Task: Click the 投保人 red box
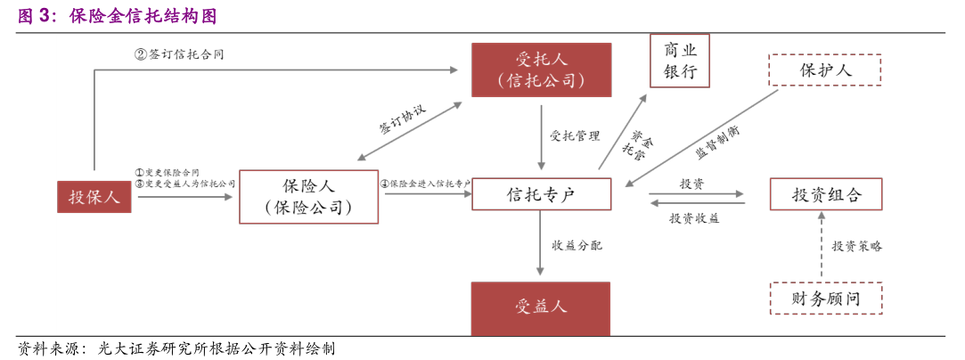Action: coord(94,197)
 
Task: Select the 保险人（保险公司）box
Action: coord(308,196)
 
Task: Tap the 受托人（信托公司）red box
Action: coord(541,70)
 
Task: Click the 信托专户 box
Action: coord(541,194)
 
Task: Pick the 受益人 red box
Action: coord(541,308)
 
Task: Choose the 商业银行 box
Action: coord(680,61)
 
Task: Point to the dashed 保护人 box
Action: coord(825,70)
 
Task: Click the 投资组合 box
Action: coord(826,194)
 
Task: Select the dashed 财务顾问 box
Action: coord(826,299)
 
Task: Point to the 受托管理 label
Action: coord(575,136)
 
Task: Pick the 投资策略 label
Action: coord(857,246)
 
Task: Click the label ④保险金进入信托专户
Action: coord(426,184)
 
